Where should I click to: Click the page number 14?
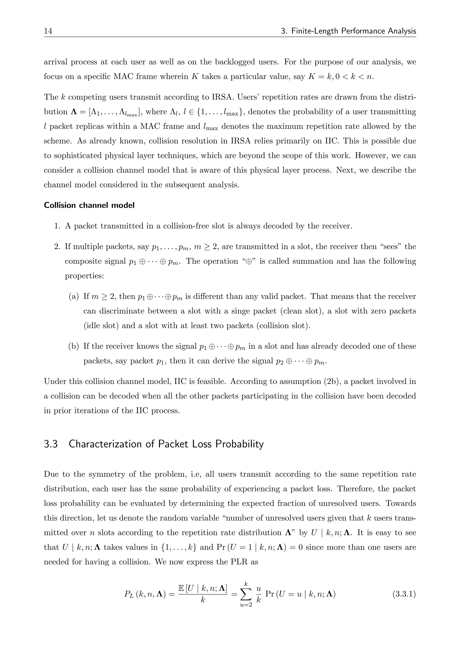[x=48, y=31]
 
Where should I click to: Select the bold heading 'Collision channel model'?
[x=89, y=205]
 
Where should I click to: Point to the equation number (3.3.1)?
[x=404, y=594]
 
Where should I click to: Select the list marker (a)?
[x=73, y=296]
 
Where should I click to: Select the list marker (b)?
[x=73, y=346]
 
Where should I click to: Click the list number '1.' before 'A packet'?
[x=57, y=226]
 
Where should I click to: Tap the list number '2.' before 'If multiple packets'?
[x=57, y=247]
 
